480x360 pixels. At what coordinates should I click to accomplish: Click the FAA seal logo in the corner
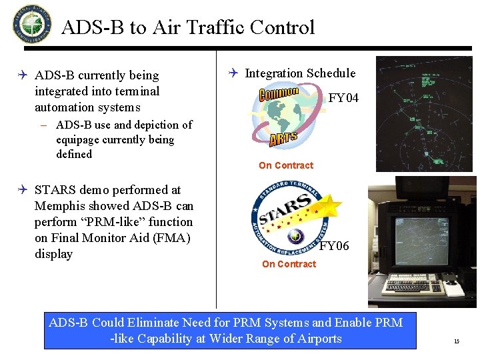[31, 23]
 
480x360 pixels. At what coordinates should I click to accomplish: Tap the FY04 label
[343, 98]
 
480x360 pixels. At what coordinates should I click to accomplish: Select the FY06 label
[334, 246]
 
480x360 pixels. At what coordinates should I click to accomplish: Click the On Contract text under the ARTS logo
[286, 165]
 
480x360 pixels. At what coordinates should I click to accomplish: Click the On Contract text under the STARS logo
[289, 264]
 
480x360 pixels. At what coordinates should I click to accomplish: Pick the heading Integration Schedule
[300, 73]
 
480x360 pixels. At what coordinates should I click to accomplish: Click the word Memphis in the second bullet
[62, 206]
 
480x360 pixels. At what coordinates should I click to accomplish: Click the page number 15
[457, 341]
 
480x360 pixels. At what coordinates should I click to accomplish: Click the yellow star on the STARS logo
[329, 206]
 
